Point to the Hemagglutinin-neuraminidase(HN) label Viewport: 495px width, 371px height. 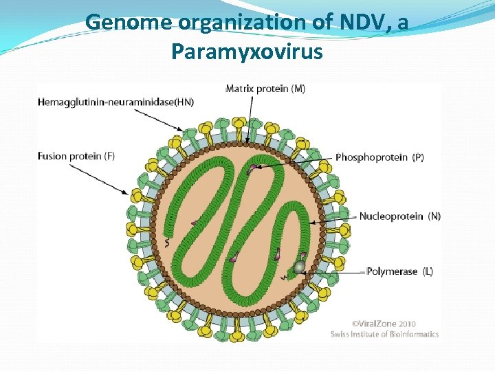pos(116,102)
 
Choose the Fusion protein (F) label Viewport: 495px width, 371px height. pos(76,156)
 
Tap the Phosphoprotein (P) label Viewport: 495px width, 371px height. pos(379,157)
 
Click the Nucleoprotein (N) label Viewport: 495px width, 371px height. pos(399,216)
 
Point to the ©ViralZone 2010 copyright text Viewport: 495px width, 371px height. pos(384,323)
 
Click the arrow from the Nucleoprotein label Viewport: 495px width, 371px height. pos(333,219)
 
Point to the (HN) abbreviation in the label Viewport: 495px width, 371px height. pos(184,102)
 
